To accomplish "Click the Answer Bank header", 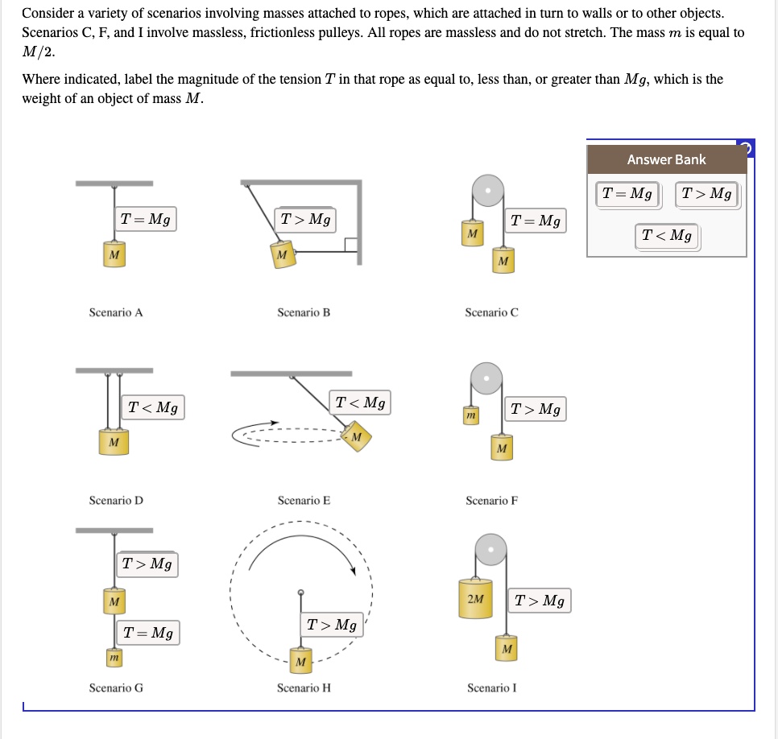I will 666,159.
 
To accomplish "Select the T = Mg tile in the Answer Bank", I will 628,194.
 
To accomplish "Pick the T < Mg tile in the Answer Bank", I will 667,236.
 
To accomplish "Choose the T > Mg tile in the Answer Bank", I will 706,194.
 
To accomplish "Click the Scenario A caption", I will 116,312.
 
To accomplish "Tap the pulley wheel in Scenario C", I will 488,191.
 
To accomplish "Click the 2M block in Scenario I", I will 476,600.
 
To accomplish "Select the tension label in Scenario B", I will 305,219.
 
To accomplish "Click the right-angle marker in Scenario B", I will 350,245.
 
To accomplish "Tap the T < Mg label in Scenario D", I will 154,407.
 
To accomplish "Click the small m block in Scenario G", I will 114,659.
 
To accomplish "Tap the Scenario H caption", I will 304,688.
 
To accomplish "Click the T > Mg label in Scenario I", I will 540,601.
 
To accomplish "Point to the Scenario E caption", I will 304,501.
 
